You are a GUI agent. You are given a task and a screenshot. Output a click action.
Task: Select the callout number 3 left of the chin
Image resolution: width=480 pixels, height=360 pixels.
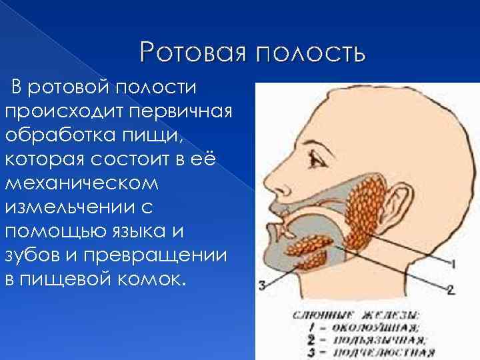click(x=263, y=285)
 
